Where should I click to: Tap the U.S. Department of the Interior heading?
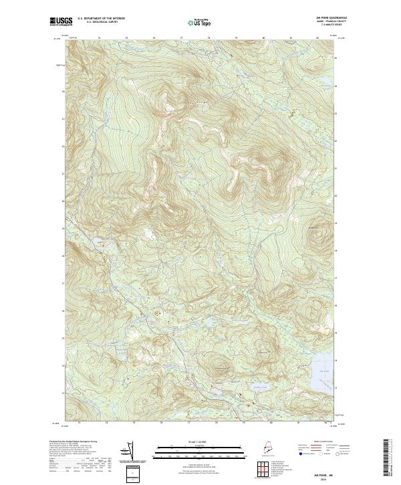(101, 18)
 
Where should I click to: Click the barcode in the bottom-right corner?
(387, 458)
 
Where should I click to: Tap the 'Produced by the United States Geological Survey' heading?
(88, 442)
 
